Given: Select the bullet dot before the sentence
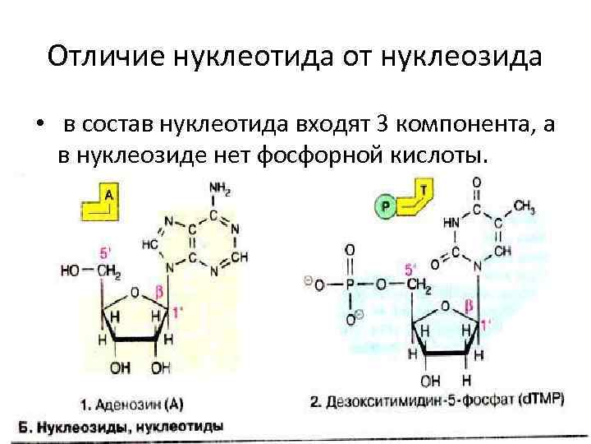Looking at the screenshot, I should [38, 124].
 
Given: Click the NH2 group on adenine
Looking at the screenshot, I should [220, 188].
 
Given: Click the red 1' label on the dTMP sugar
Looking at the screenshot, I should [486, 324].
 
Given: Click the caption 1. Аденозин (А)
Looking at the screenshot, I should [131, 405].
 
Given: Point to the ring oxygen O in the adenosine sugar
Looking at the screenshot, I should [135, 294].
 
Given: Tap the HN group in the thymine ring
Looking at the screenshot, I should [451, 223].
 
